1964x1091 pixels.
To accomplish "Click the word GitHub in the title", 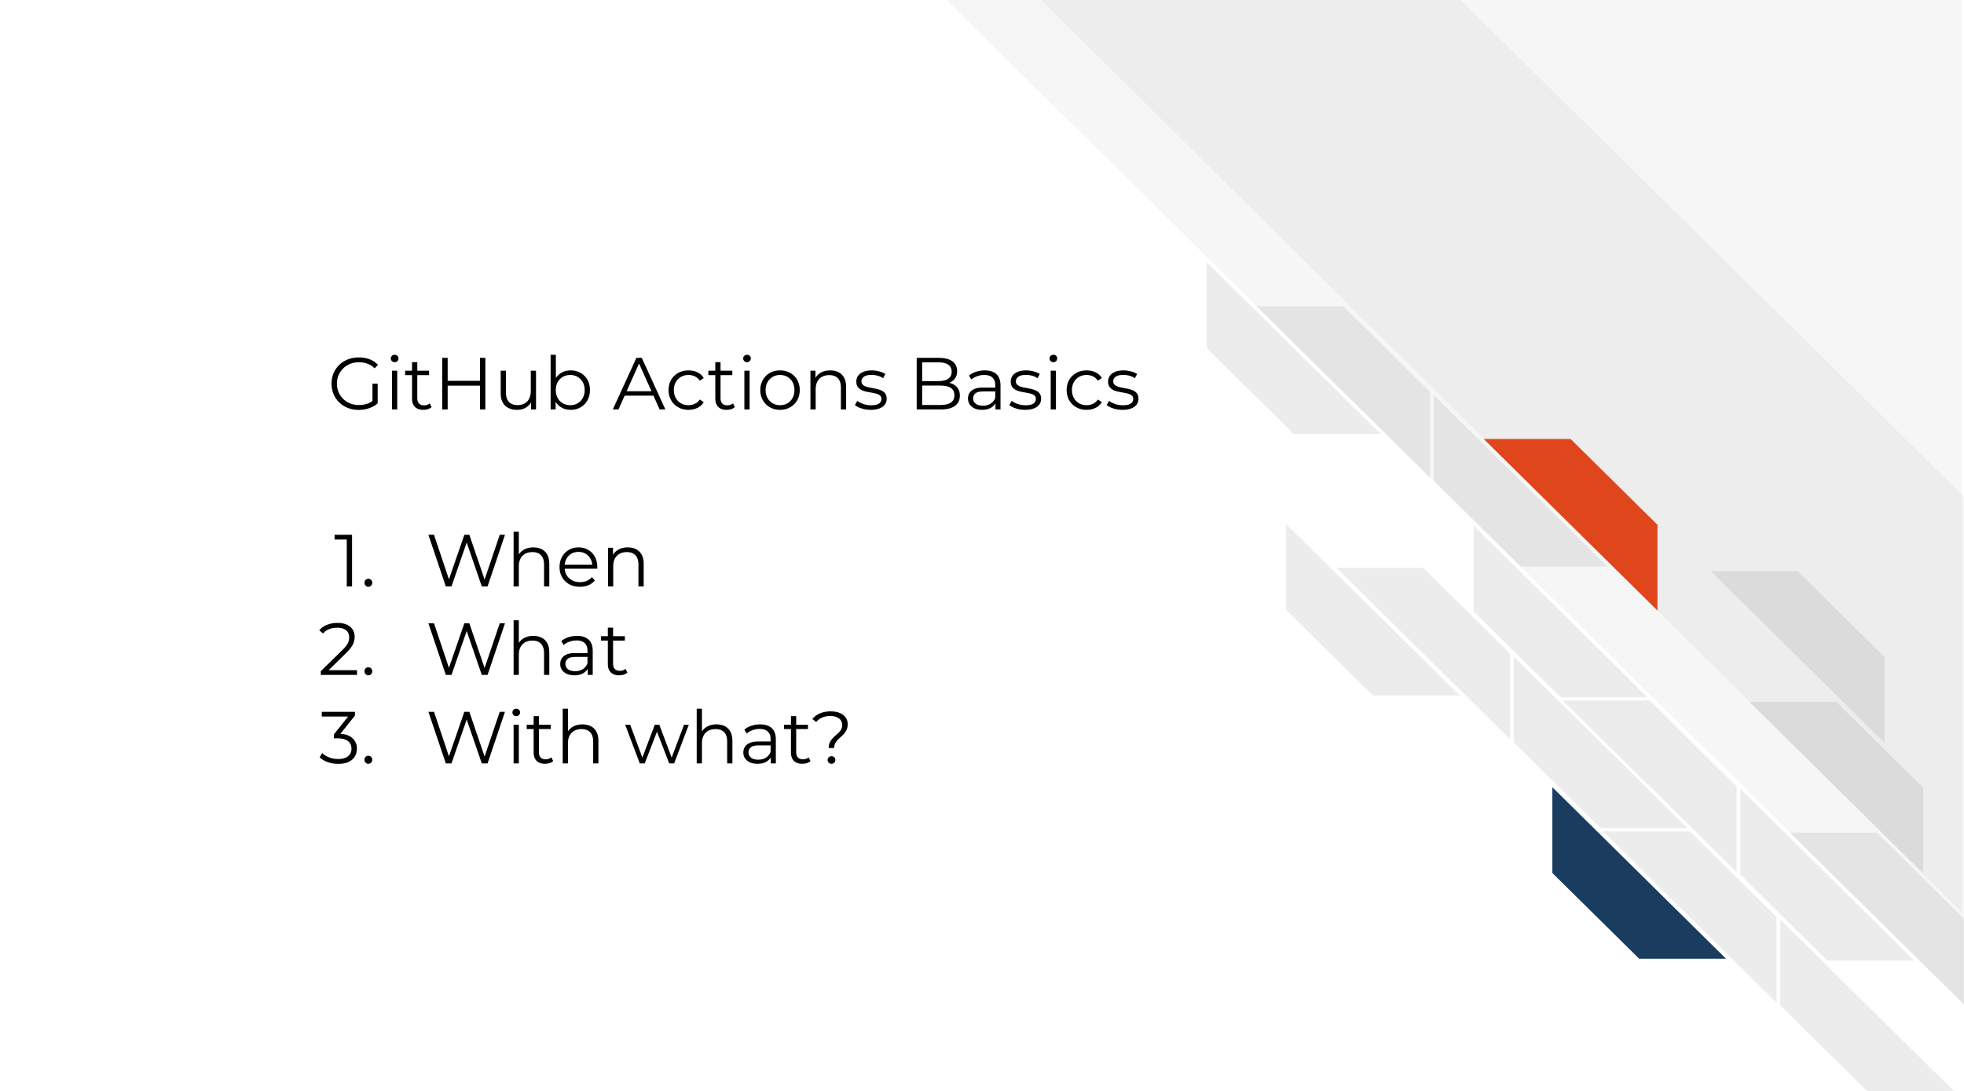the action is tap(460, 383).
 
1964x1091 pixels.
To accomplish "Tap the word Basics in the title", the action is tap(1026, 383).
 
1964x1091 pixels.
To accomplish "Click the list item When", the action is tap(537, 560).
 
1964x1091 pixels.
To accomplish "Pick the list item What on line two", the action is tap(528, 648).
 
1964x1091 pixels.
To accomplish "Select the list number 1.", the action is tap(353, 560).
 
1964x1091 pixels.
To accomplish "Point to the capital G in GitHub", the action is tap(355, 384).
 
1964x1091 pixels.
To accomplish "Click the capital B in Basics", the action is tap(937, 384).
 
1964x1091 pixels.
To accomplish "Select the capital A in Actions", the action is tap(639, 384).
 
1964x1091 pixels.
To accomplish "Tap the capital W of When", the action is tap(466, 560).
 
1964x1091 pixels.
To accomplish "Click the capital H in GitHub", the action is tap(466, 384).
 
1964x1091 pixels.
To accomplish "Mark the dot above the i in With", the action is tap(516, 713).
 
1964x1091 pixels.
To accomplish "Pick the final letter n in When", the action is tap(627, 568).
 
